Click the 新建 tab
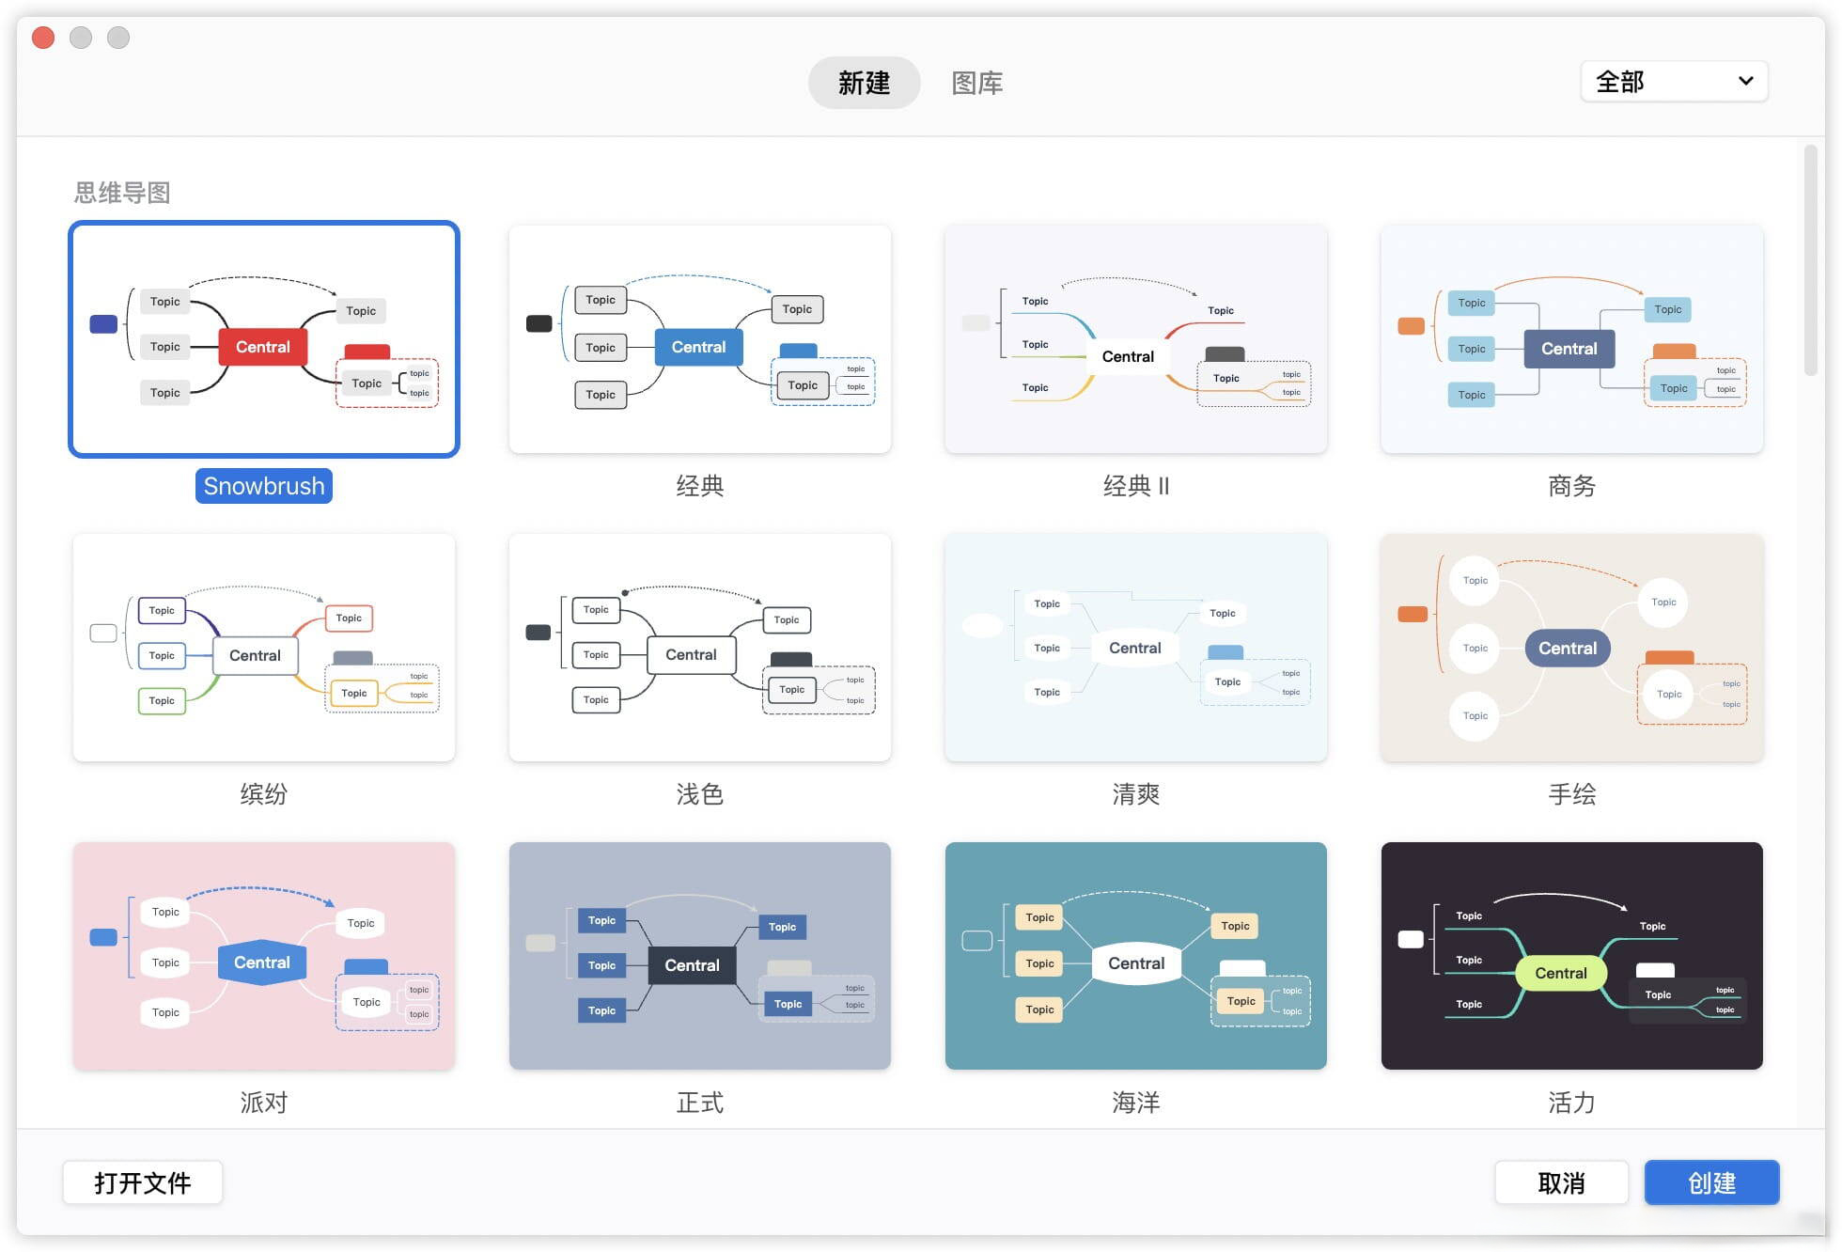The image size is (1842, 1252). [x=864, y=83]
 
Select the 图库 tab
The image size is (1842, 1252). [x=977, y=83]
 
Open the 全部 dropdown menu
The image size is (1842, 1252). [x=1674, y=82]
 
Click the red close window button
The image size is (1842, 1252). [x=43, y=38]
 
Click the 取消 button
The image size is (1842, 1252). [x=1561, y=1182]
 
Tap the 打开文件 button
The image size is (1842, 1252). [x=143, y=1182]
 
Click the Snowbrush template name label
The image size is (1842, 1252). [x=264, y=486]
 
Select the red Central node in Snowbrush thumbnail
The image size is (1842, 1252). [x=263, y=347]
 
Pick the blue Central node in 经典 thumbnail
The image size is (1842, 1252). [x=698, y=347]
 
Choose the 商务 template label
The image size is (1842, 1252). [x=1571, y=486]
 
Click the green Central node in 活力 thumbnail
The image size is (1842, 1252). [x=1561, y=973]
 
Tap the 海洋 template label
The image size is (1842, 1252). [x=1135, y=1103]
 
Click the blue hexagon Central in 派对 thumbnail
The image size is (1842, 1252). [x=262, y=962]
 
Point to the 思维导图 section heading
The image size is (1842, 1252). [x=122, y=193]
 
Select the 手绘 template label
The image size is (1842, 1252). [x=1571, y=794]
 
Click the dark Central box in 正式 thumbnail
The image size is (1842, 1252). [x=692, y=965]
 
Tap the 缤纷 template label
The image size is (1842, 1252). [x=263, y=794]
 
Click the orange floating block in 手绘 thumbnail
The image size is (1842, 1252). [x=1413, y=615]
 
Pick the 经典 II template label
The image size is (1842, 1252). [x=1135, y=486]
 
